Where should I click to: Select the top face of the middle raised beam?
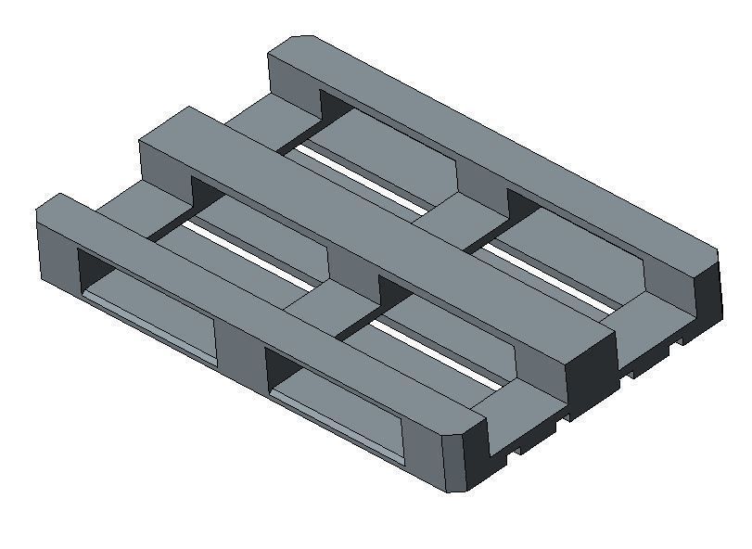(x=371, y=232)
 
